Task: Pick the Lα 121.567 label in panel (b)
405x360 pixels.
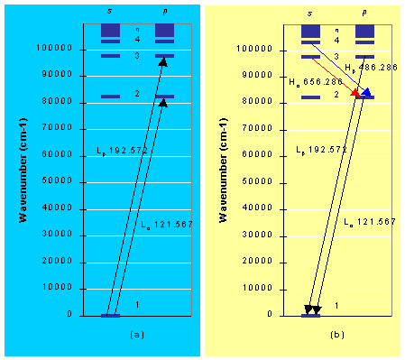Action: click(370, 222)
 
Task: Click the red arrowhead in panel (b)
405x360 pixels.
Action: click(355, 92)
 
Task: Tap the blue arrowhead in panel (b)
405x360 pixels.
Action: click(366, 92)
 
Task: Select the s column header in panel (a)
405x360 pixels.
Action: click(110, 11)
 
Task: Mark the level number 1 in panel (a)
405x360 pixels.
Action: click(137, 305)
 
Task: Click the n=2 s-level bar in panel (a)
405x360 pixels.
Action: click(110, 97)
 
